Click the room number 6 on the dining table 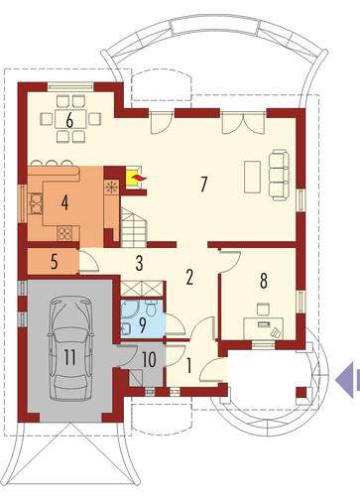tap(69, 121)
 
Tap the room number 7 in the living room tap(204, 185)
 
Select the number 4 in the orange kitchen tap(64, 202)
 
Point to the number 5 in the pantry tap(55, 261)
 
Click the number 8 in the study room tap(264, 281)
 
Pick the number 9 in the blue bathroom tap(143, 325)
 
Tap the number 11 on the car tap(69, 357)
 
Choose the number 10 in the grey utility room tap(149, 359)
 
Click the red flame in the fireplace tap(138, 179)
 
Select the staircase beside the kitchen tap(134, 227)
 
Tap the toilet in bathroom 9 tap(152, 308)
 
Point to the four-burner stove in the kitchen tap(64, 233)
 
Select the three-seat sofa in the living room tap(279, 175)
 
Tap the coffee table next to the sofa tap(252, 177)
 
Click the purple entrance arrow tap(347, 380)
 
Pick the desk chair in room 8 tap(263, 310)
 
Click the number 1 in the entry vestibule tap(189, 365)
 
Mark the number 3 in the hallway tap(140, 263)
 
